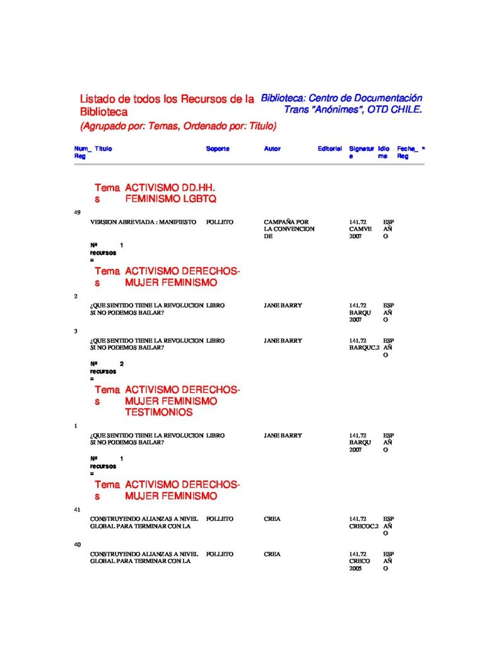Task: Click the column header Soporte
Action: point(218,149)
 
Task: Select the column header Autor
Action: point(272,149)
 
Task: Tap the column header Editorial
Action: point(329,149)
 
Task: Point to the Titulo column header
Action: point(103,149)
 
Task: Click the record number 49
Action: point(78,212)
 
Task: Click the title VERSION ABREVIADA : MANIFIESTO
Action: point(143,222)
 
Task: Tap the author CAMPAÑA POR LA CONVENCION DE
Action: point(289,229)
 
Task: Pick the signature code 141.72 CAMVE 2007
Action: point(360,229)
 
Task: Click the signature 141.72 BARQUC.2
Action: point(364,344)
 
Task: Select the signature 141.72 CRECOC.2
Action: point(364,522)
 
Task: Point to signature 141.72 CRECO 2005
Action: point(360,561)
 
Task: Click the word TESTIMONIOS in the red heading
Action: point(159,413)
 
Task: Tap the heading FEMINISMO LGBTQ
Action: point(170,199)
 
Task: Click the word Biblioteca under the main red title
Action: point(103,112)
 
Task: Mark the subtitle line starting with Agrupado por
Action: point(179,126)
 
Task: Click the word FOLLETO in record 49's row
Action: point(220,222)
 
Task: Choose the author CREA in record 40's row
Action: point(272,554)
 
